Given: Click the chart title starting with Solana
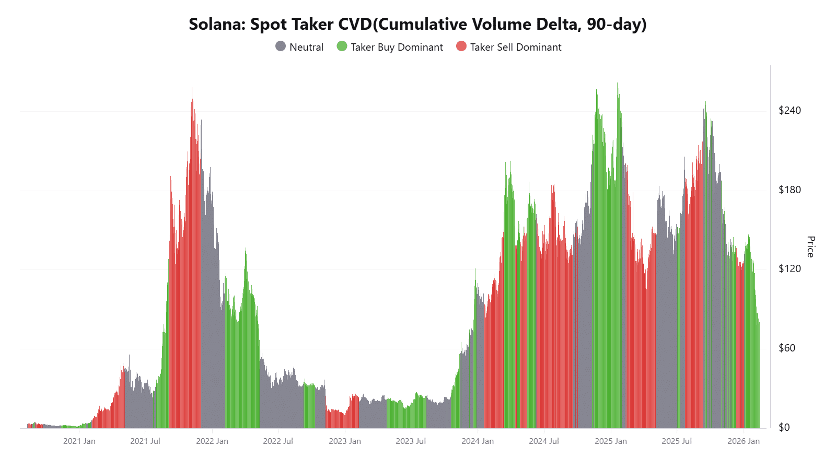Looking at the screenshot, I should click(x=417, y=24).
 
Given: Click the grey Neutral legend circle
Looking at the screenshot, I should click(x=281, y=46).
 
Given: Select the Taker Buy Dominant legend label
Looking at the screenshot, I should click(x=397, y=47).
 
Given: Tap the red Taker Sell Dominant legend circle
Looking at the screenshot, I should click(x=461, y=46).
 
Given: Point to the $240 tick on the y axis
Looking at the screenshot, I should click(x=789, y=110).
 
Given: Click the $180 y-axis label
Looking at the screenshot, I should click(x=789, y=190).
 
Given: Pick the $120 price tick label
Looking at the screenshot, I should click(x=789, y=268).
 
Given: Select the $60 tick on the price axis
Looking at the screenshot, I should click(x=787, y=348).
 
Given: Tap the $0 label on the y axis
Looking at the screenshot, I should click(x=784, y=427).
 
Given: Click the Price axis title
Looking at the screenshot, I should click(x=810, y=246).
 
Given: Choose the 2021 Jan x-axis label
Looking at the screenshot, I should click(x=79, y=441).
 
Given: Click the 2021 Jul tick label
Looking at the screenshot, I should click(x=145, y=441).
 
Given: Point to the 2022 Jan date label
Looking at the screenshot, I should click(x=212, y=441).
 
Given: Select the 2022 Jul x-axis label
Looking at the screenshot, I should click(x=278, y=441).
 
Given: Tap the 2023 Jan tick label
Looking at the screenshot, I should click(x=345, y=441).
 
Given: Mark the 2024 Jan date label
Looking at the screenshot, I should click(x=478, y=441).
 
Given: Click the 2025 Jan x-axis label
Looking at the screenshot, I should click(x=611, y=441).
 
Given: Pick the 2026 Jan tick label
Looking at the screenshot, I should click(x=744, y=441).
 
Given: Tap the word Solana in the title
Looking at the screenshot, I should click(x=215, y=24).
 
